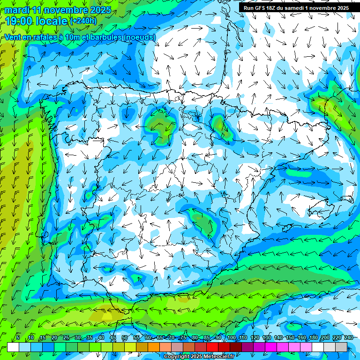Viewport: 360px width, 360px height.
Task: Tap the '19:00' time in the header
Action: [x=18, y=21]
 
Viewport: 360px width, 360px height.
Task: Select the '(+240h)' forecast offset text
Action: [x=83, y=21]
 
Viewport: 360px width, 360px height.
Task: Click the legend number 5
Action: [x=18, y=337]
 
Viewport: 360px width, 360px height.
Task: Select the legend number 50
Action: [x=124, y=337]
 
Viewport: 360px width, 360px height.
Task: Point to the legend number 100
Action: [x=231, y=337]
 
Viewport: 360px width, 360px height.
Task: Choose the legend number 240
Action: [x=349, y=337]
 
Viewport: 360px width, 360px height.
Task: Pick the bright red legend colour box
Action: [x=212, y=347]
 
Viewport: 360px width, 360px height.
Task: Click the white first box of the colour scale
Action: [x=13, y=347]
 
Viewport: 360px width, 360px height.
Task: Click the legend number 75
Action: [x=183, y=337]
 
